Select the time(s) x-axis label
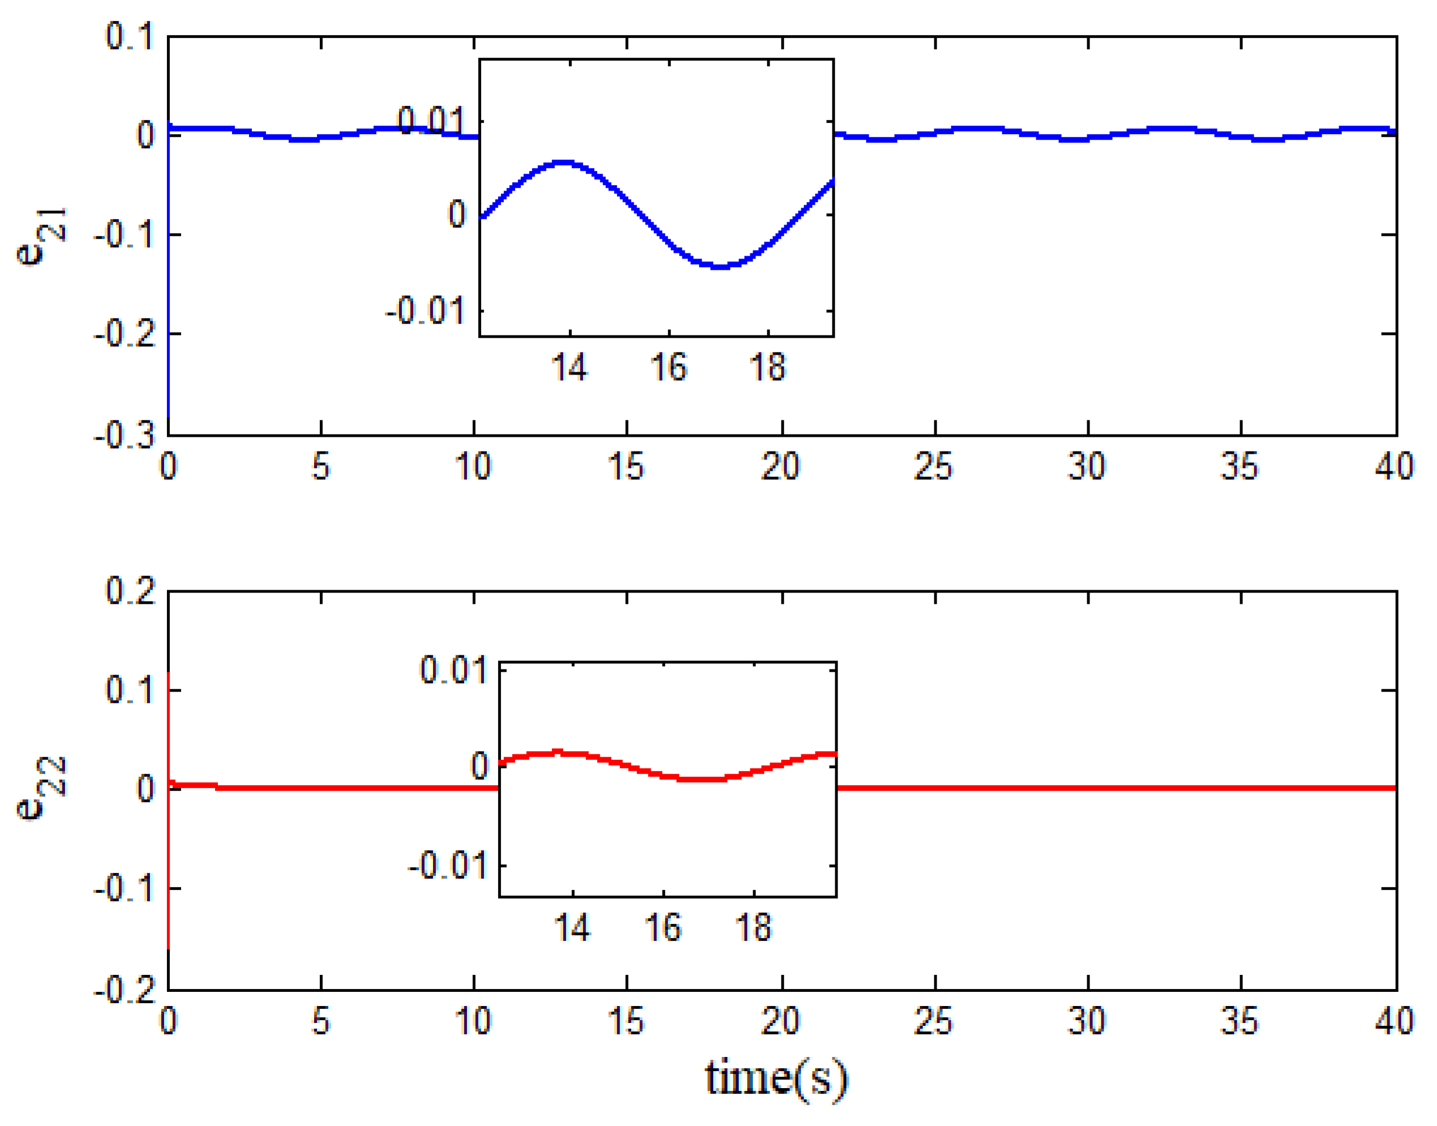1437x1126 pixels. click(x=776, y=1078)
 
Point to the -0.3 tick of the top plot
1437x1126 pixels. click(x=125, y=436)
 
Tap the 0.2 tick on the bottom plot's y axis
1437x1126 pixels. click(x=131, y=590)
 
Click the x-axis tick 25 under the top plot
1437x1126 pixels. click(x=934, y=467)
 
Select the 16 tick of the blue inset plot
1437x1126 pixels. click(x=669, y=367)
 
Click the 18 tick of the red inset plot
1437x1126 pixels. click(x=753, y=927)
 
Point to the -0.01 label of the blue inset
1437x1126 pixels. click(x=426, y=310)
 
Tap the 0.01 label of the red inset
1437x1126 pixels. click(x=454, y=670)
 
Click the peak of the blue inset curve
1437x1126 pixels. click(x=563, y=162)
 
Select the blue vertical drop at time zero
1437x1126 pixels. click(x=169, y=296)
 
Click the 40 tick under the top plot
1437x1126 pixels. click(x=1393, y=467)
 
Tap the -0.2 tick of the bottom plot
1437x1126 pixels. click(x=125, y=990)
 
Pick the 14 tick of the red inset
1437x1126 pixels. click(x=572, y=927)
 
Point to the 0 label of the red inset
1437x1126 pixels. click(x=479, y=766)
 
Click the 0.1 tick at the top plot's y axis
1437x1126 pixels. click(x=131, y=36)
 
